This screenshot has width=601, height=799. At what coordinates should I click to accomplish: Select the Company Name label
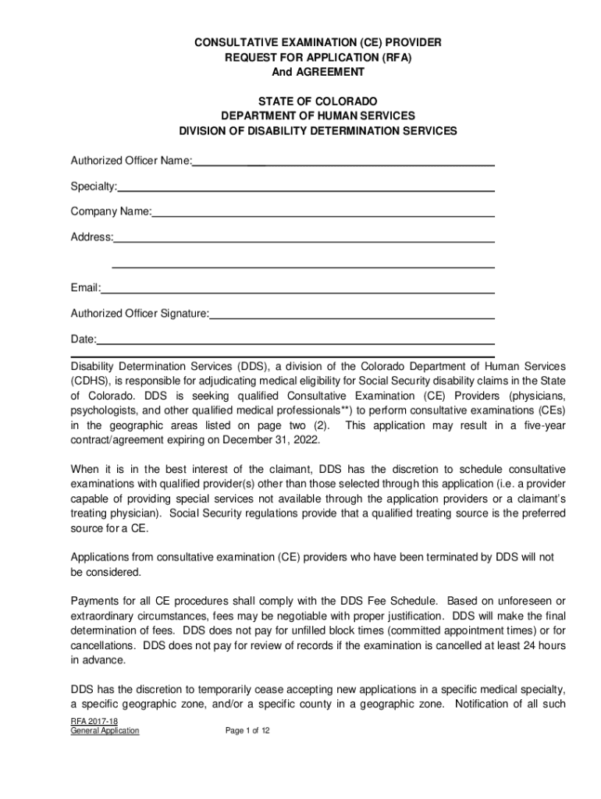(111, 211)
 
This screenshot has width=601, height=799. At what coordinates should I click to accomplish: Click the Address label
(91, 236)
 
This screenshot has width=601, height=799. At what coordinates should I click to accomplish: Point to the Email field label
(85, 288)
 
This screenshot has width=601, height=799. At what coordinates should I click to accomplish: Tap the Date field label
(84, 339)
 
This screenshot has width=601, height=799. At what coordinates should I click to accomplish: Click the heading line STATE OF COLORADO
(318, 101)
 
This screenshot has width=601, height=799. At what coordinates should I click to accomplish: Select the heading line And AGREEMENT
(318, 72)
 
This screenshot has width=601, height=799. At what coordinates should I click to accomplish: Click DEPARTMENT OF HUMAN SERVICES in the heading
(318, 116)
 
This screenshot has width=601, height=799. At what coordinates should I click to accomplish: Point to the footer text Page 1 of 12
(247, 731)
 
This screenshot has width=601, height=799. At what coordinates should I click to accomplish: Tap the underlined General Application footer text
(105, 731)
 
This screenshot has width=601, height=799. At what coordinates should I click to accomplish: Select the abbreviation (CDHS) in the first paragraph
(91, 381)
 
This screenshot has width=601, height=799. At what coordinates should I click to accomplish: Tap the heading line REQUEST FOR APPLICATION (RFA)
(318, 57)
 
